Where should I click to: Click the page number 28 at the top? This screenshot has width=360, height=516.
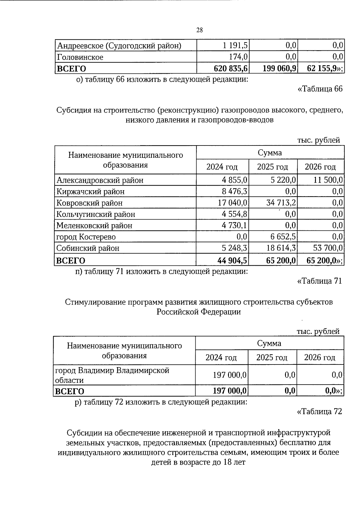(x=199, y=30)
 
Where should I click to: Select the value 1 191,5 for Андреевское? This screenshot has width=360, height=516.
(x=235, y=46)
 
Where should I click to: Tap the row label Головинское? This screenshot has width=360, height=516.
(x=80, y=57)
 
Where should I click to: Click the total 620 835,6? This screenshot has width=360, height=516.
(x=230, y=69)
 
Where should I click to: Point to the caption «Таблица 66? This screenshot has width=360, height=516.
(x=319, y=89)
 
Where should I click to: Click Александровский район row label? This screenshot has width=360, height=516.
(x=100, y=180)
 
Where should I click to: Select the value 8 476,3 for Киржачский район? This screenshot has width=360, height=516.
(x=235, y=191)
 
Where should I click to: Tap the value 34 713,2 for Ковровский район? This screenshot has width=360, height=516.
(x=281, y=203)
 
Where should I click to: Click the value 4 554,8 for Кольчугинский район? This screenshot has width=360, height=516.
(x=235, y=214)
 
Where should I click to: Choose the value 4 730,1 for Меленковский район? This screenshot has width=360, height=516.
(x=235, y=225)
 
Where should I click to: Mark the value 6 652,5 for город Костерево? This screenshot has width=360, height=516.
(x=283, y=237)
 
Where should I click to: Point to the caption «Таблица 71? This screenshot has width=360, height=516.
(x=319, y=281)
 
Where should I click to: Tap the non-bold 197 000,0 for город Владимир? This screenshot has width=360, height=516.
(x=230, y=375)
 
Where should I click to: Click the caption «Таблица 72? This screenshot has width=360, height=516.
(x=319, y=411)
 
